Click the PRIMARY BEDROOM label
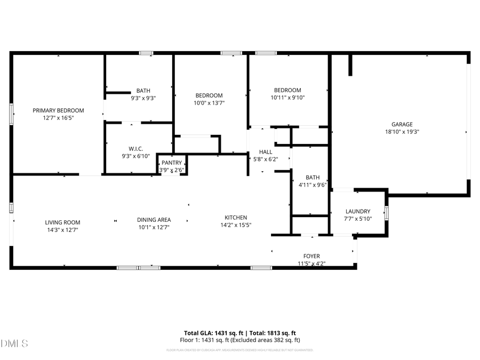(x=59, y=110)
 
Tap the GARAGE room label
(x=402, y=124)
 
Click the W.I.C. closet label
(x=136, y=149)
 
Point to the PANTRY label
(x=172, y=163)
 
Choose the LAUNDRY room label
(x=358, y=211)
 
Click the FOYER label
(x=311, y=256)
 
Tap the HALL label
(x=266, y=152)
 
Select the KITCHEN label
(x=235, y=217)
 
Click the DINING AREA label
(x=154, y=219)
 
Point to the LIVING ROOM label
(x=62, y=222)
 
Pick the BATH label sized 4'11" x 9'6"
(x=313, y=178)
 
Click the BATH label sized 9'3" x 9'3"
(x=143, y=91)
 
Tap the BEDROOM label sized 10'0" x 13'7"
(x=209, y=95)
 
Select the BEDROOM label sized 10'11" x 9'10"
(x=287, y=90)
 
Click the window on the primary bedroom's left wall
(x=11, y=114)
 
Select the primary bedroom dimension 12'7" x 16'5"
(x=59, y=117)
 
